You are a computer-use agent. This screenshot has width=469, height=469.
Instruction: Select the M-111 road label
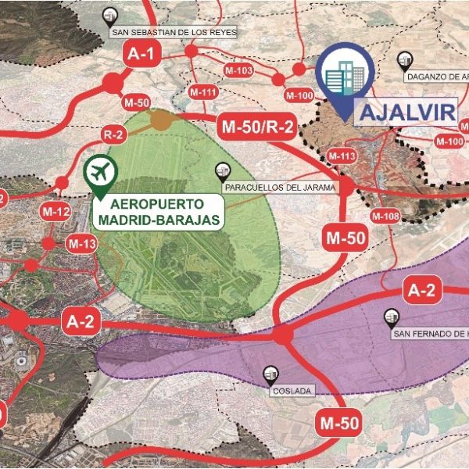click(x=203, y=92)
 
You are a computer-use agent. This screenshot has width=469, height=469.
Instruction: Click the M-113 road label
click(x=341, y=157)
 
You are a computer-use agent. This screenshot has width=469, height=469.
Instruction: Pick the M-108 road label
click(x=385, y=216)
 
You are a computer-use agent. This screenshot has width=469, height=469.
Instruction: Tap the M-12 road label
click(x=56, y=211)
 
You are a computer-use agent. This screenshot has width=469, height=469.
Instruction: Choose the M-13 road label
click(x=81, y=245)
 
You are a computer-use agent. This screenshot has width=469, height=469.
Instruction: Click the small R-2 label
click(x=113, y=134)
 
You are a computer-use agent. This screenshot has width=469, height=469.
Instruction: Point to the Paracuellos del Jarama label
click(x=279, y=188)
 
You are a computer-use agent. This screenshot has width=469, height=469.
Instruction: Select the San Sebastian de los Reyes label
click(x=173, y=33)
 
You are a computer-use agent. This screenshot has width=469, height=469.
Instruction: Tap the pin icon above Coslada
click(x=271, y=374)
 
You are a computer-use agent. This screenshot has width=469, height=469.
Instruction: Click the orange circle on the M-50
click(x=161, y=120)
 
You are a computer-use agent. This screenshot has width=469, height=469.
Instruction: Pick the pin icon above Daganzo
click(x=404, y=59)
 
